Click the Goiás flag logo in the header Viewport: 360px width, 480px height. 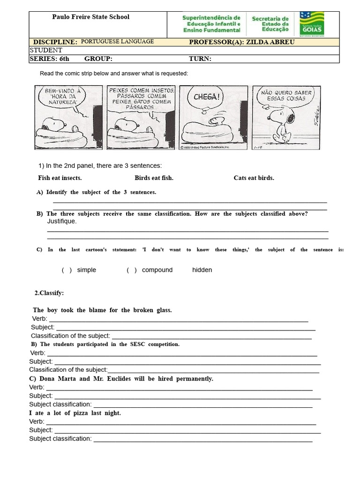(313, 24)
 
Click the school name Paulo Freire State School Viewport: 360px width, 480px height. (90, 17)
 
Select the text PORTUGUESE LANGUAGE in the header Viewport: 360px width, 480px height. (117, 41)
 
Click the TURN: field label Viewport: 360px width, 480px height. (200, 59)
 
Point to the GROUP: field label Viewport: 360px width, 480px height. (98, 59)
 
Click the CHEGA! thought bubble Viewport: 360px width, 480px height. (206, 97)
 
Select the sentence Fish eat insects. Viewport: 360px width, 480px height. (60, 178)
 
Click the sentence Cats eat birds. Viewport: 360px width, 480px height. (254, 178)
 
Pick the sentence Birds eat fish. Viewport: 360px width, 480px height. (154, 178)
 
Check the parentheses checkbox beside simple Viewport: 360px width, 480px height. (67, 270)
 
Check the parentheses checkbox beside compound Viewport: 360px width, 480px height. (131, 270)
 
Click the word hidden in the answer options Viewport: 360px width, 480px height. (202, 270)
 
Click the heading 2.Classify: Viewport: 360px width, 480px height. (49, 293)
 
